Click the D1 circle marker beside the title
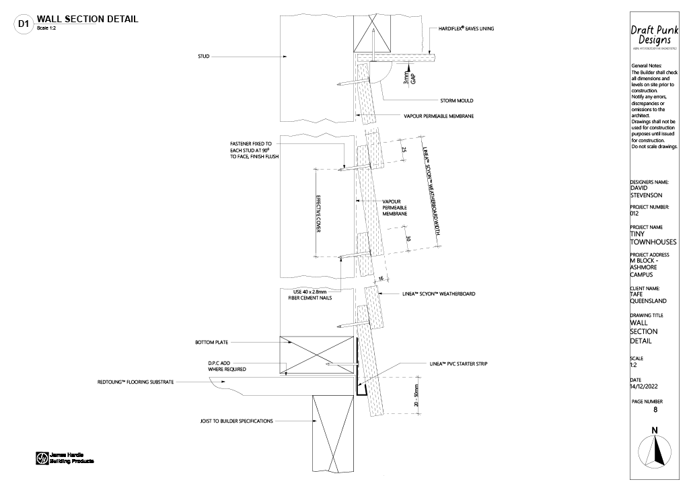(x=24, y=24)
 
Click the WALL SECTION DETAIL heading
(x=87, y=19)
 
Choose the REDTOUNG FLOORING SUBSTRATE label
(x=136, y=382)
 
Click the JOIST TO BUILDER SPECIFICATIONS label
(x=236, y=421)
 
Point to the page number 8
(x=656, y=409)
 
